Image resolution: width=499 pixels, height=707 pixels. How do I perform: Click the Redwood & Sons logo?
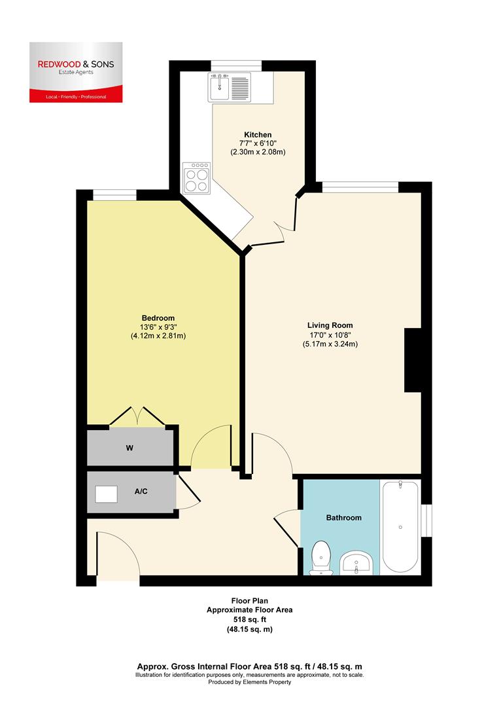click(75, 72)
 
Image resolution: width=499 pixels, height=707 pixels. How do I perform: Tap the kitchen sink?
click(229, 87)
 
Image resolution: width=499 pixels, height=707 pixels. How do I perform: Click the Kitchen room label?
click(258, 135)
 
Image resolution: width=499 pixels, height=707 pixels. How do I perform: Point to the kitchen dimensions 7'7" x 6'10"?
click(258, 143)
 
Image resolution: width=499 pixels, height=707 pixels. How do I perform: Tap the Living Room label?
click(330, 325)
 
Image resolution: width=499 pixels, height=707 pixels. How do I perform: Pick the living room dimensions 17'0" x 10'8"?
click(330, 335)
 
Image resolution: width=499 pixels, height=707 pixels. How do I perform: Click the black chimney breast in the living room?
click(413, 360)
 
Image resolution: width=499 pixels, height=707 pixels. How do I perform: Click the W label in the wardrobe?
click(129, 448)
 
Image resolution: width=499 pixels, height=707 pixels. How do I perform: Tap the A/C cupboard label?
click(140, 491)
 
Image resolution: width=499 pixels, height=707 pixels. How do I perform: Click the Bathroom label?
click(343, 518)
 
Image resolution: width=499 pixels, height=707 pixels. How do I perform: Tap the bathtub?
click(400, 527)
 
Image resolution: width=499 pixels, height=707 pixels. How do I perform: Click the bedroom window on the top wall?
click(114, 194)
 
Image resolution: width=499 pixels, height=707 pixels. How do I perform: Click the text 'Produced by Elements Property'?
click(249, 681)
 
